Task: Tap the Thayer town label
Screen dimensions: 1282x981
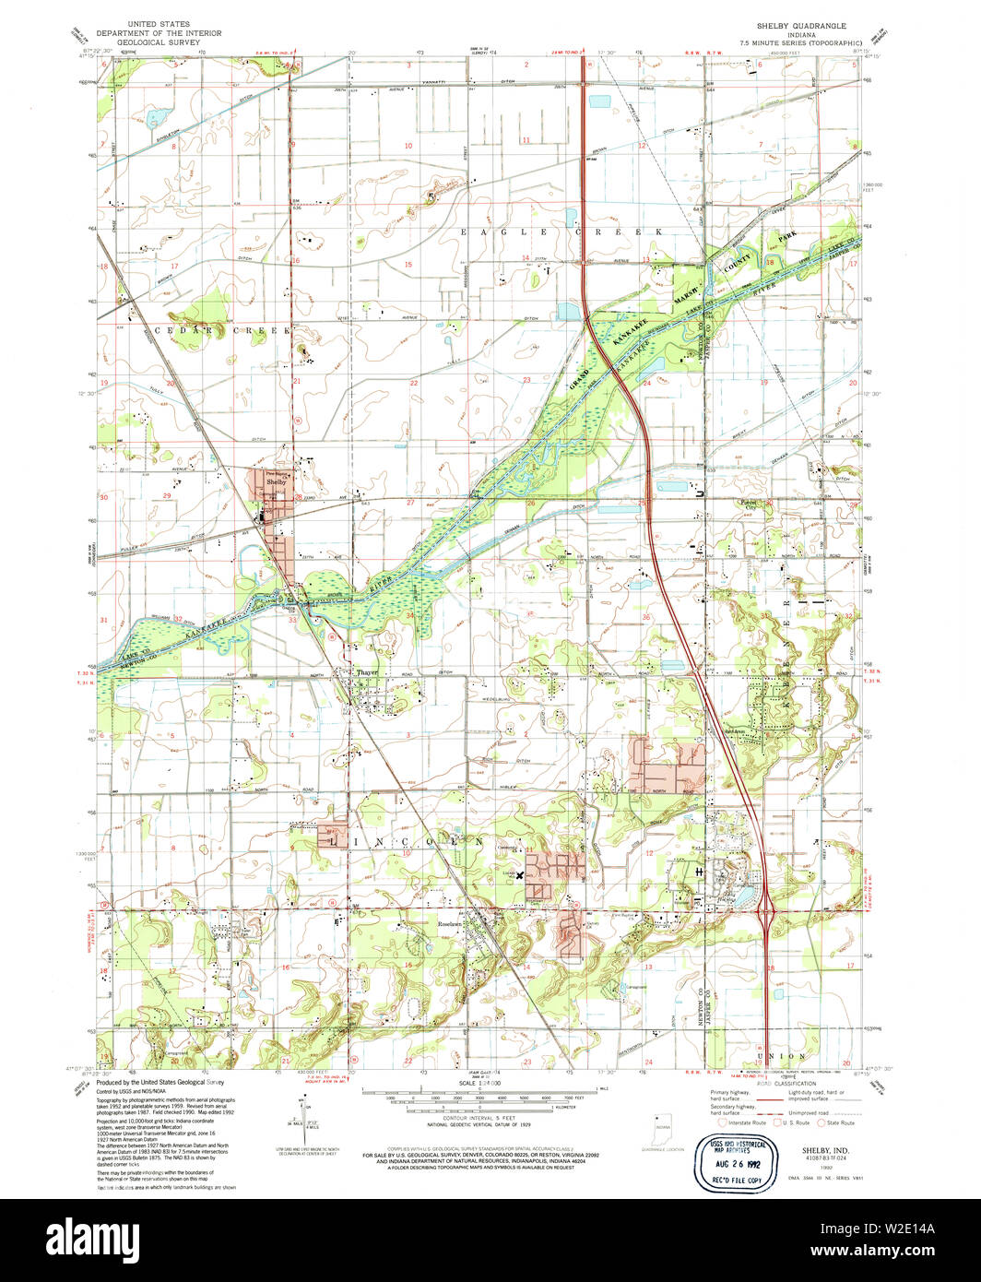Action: [x=367, y=672]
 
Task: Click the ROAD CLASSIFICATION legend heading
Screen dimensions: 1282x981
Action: [x=782, y=1085]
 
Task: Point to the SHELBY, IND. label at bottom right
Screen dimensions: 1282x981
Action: [x=810, y=1152]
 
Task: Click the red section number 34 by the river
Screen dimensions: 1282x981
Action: [x=409, y=614]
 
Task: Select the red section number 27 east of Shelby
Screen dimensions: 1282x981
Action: [x=410, y=502]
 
